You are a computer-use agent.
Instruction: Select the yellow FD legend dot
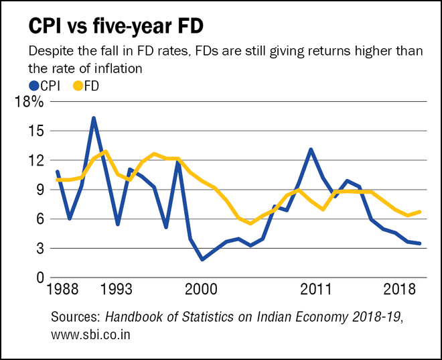click(x=78, y=85)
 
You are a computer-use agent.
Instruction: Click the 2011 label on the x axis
click(x=317, y=290)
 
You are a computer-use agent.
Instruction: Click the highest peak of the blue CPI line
click(x=94, y=118)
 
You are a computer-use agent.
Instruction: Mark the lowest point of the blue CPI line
click(x=202, y=259)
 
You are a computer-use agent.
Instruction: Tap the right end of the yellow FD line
click(x=421, y=212)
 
